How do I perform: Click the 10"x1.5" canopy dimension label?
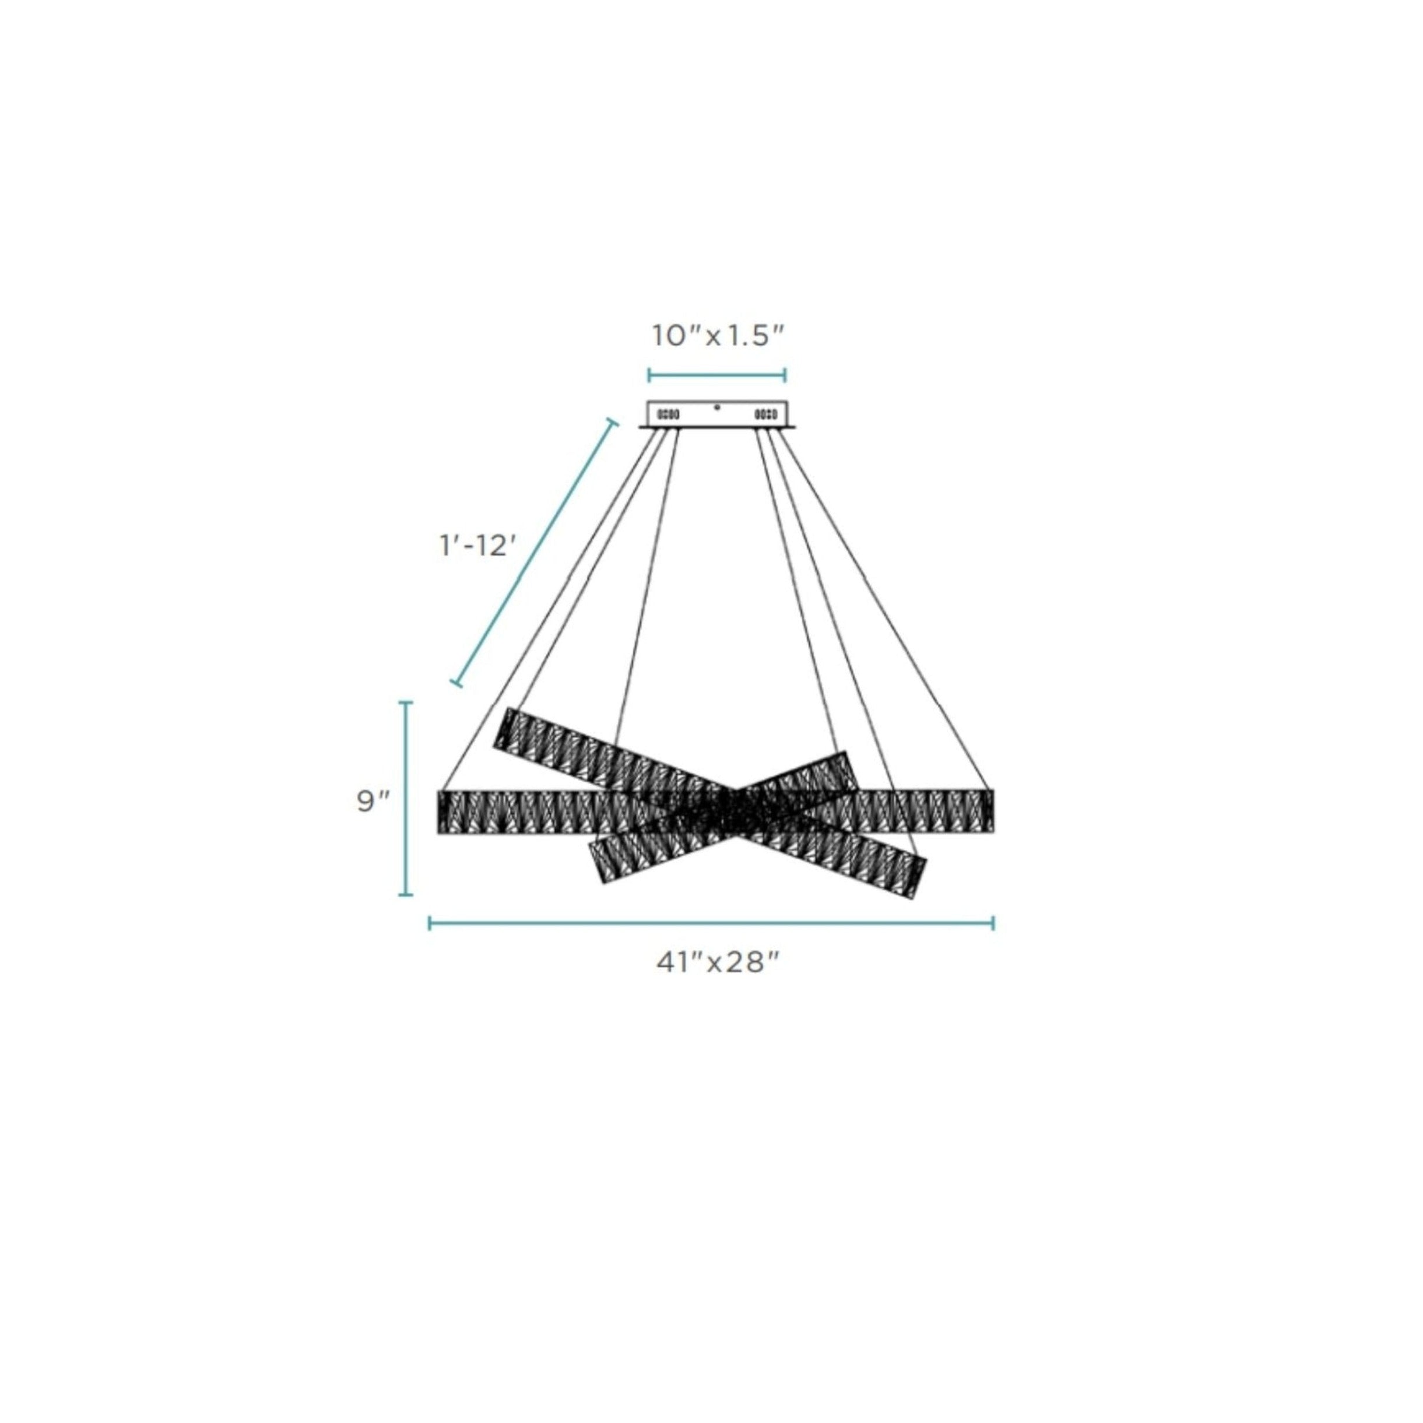716,336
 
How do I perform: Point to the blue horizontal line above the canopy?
716,375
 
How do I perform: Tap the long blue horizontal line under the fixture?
711,923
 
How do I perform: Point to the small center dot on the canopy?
716,406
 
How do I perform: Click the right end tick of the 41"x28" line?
993,923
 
